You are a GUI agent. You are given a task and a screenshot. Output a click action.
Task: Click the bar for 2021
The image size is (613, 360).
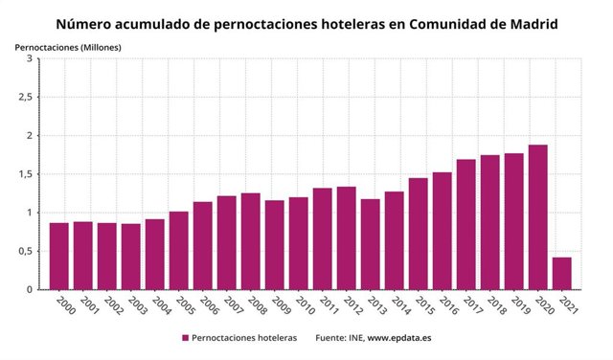click(561, 273)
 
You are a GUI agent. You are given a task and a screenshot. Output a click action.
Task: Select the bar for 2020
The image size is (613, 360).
click(537, 217)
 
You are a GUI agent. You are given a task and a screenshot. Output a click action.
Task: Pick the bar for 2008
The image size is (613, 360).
click(251, 241)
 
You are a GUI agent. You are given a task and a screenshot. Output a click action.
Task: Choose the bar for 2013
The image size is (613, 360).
click(371, 244)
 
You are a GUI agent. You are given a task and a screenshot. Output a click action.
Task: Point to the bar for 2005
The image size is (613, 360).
click(179, 250)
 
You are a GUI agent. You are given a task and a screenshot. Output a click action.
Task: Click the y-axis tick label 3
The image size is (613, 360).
click(30, 58)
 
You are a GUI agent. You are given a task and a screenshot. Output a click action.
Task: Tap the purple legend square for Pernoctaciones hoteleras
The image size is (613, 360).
click(185, 338)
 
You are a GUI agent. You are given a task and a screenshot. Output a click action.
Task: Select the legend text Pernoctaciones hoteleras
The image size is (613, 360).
click(244, 338)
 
